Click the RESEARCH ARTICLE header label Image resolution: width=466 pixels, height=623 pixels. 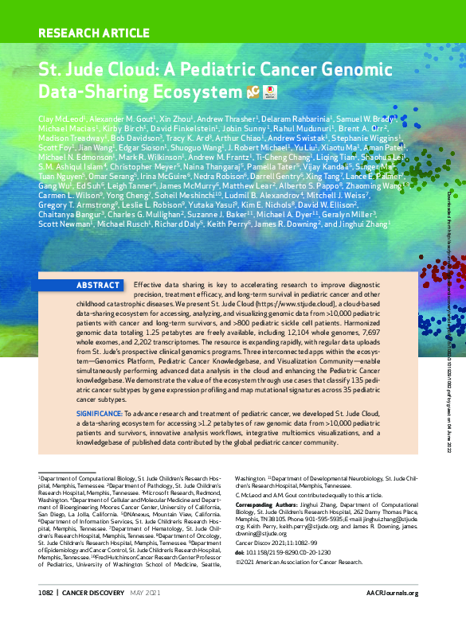point(94,33)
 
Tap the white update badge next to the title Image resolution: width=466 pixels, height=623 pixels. point(268,92)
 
